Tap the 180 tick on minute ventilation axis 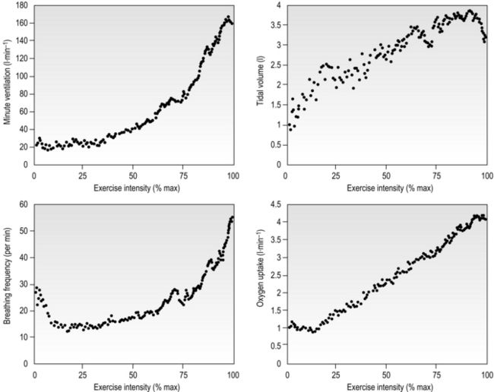tap(21, 6)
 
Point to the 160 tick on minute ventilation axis tap(21, 24)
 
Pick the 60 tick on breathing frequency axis tap(23, 204)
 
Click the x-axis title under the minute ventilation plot tap(133, 186)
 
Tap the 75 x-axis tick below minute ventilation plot tap(182, 175)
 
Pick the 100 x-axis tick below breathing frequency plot tap(233, 375)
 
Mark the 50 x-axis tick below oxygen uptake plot tap(386, 375)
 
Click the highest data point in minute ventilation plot tap(228, 17)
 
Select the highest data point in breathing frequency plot tap(232, 217)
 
